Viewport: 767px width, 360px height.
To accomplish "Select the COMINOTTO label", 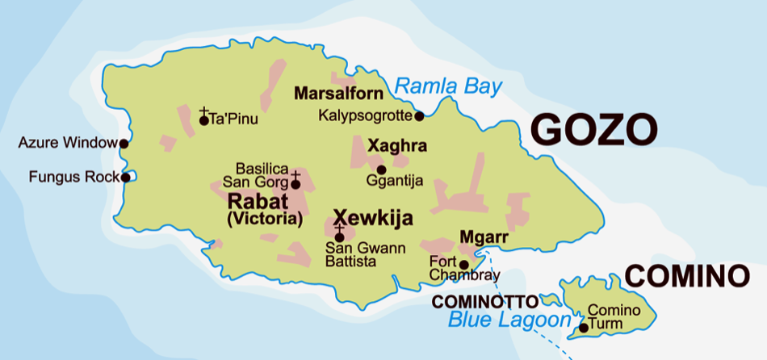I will [x=484, y=302].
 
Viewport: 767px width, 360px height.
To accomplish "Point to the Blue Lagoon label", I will [x=509, y=320].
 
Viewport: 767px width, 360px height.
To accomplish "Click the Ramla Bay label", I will [x=449, y=87].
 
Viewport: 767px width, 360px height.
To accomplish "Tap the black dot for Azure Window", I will [x=124, y=144].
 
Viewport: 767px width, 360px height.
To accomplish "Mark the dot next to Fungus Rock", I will [x=125, y=177].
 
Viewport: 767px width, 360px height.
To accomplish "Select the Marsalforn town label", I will [x=339, y=94].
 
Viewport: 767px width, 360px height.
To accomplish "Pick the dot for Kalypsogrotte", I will [x=419, y=116].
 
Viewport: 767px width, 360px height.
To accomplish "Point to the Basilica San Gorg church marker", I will [x=295, y=181].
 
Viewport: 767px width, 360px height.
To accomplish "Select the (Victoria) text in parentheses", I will [x=264, y=218].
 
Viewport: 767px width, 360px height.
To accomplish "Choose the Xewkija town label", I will [x=373, y=218].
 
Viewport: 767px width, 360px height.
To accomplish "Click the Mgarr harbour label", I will [x=483, y=237].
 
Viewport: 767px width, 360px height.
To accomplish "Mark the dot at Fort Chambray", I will [x=463, y=264].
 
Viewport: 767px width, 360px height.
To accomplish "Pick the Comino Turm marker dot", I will [x=583, y=328].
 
